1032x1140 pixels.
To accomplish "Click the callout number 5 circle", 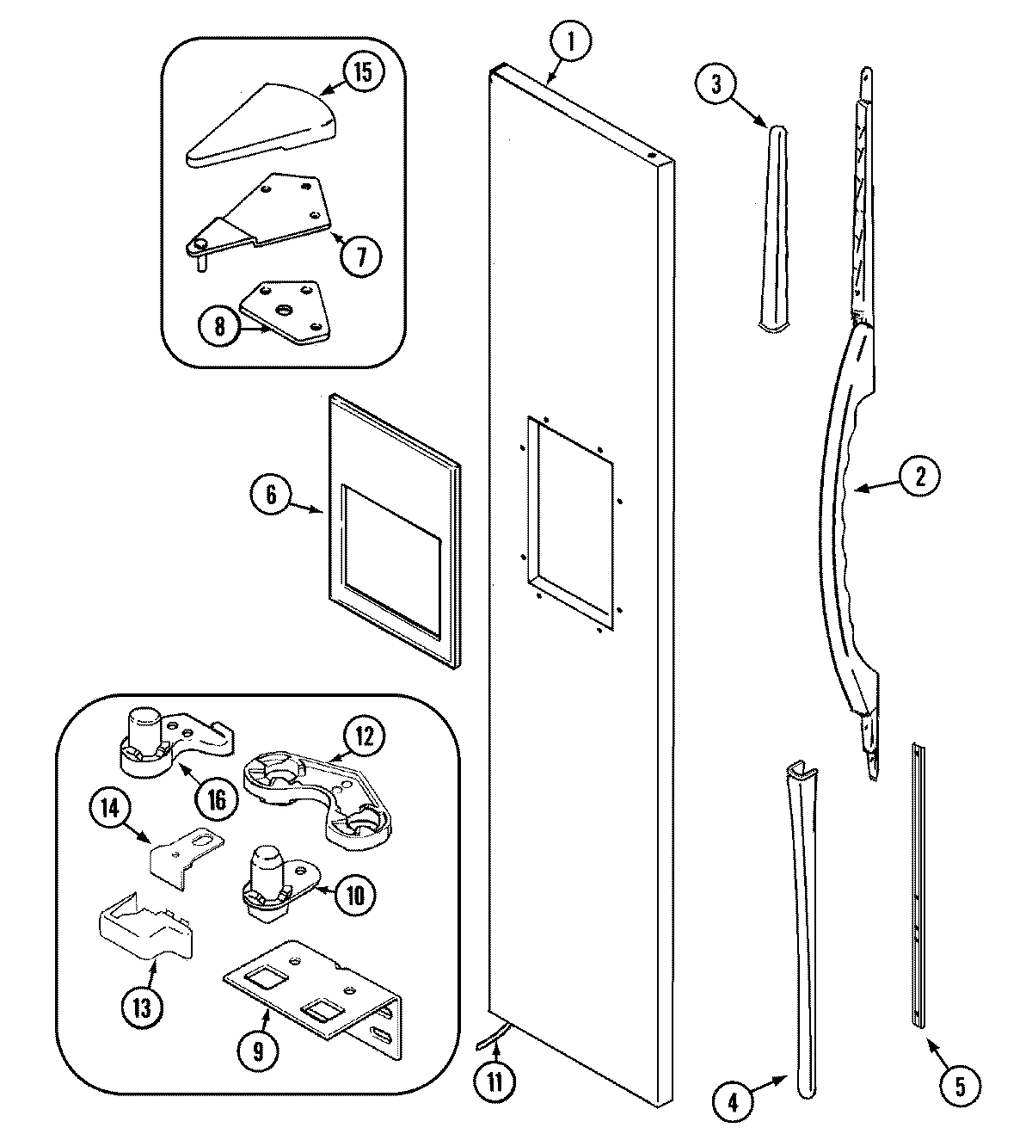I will tap(960, 1086).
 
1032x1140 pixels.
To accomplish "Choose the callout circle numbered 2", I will tap(918, 477).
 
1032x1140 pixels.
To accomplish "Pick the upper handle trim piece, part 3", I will tap(773, 228).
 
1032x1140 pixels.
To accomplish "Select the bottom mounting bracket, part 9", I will tap(314, 998).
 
